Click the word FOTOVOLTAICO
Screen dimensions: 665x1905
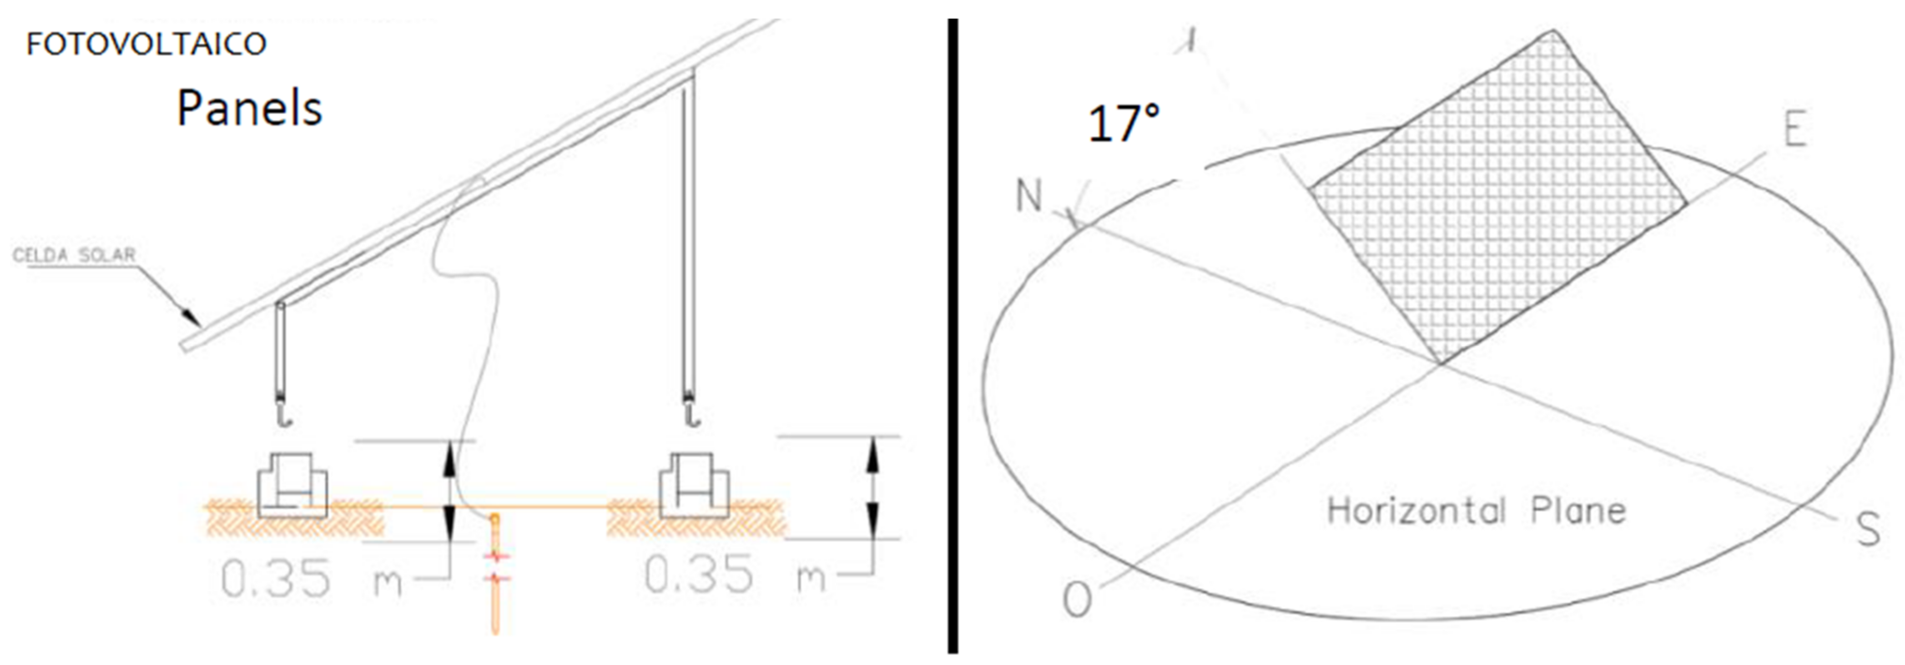[x=146, y=45]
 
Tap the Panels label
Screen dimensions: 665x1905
[x=249, y=108]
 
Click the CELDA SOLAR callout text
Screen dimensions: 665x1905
[x=74, y=255]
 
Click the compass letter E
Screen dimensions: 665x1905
[x=1795, y=129]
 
